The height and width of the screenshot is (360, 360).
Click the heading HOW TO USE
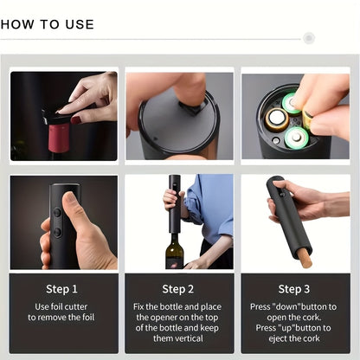click(48, 24)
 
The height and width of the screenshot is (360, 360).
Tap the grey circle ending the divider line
click(309, 38)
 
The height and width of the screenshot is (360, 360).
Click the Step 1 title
click(61, 289)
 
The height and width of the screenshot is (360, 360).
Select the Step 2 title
click(177, 289)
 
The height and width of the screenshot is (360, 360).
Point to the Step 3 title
click(294, 289)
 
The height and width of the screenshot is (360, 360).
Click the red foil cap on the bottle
click(59, 138)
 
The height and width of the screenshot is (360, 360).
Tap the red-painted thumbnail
click(76, 119)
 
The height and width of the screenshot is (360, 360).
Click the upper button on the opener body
click(57, 213)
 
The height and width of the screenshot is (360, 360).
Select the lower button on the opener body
click(57, 232)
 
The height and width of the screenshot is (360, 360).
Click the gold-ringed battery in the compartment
click(277, 119)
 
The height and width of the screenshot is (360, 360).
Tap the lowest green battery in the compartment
click(297, 138)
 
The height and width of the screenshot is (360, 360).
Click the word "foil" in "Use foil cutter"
click(57, 306)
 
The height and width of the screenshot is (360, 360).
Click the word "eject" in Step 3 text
click(278, 338)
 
